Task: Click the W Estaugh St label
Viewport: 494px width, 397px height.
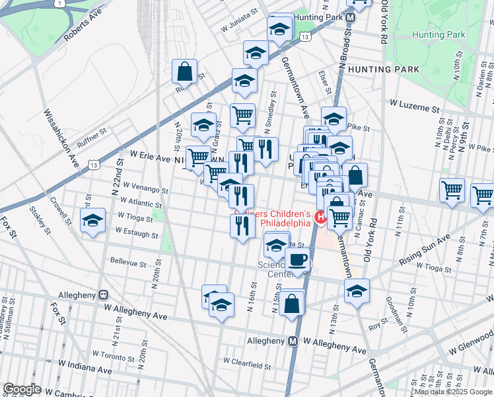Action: [136, 233]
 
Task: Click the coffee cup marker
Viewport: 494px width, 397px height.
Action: [298, 259]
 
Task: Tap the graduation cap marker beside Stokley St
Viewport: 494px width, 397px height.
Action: [92, 220]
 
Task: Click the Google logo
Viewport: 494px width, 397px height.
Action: [22, 388]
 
